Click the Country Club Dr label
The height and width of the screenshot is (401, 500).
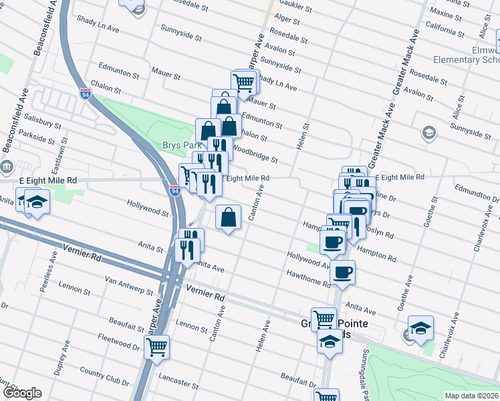point(104,375)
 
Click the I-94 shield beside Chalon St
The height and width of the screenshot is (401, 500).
point(85,93)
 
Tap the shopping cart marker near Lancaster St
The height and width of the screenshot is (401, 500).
point(156,347)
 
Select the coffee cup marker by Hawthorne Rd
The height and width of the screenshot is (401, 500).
point(342,272)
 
